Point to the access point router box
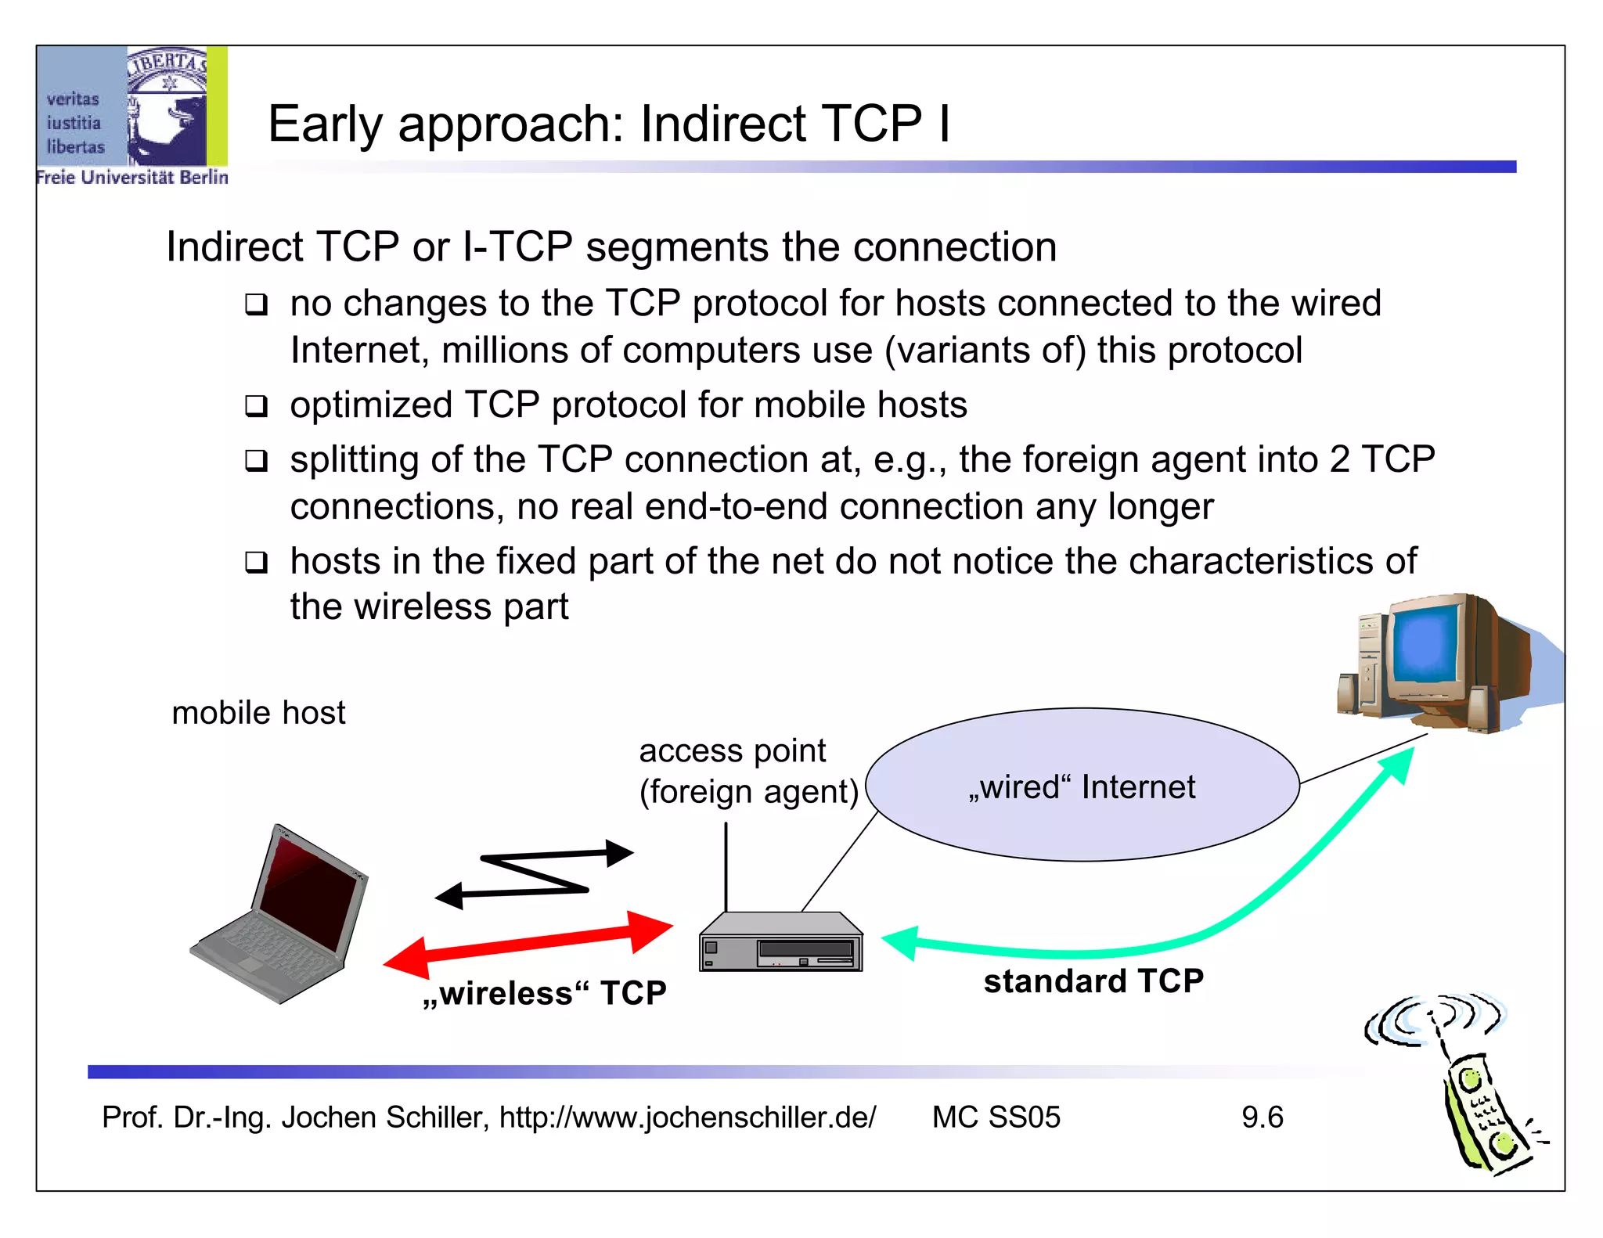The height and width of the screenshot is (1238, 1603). click(x=780, y=943)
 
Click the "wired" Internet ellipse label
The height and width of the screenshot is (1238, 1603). click(x=1082, y=787)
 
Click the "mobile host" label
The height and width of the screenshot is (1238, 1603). click(x=258, y=713)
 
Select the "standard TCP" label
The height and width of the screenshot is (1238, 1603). click(x=1093, y=981)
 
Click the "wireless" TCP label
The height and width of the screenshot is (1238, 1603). click(x=545, y=993)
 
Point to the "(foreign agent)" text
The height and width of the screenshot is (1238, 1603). click(x=749, y=792)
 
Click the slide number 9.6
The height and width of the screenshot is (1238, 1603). click(x=1262, y=1117)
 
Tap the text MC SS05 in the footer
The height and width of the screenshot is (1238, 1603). click(x=996, y=1117)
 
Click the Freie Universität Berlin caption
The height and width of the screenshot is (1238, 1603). click(x=132, y=178)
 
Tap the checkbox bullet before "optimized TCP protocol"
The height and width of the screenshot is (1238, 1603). click(x=256, y=406)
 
